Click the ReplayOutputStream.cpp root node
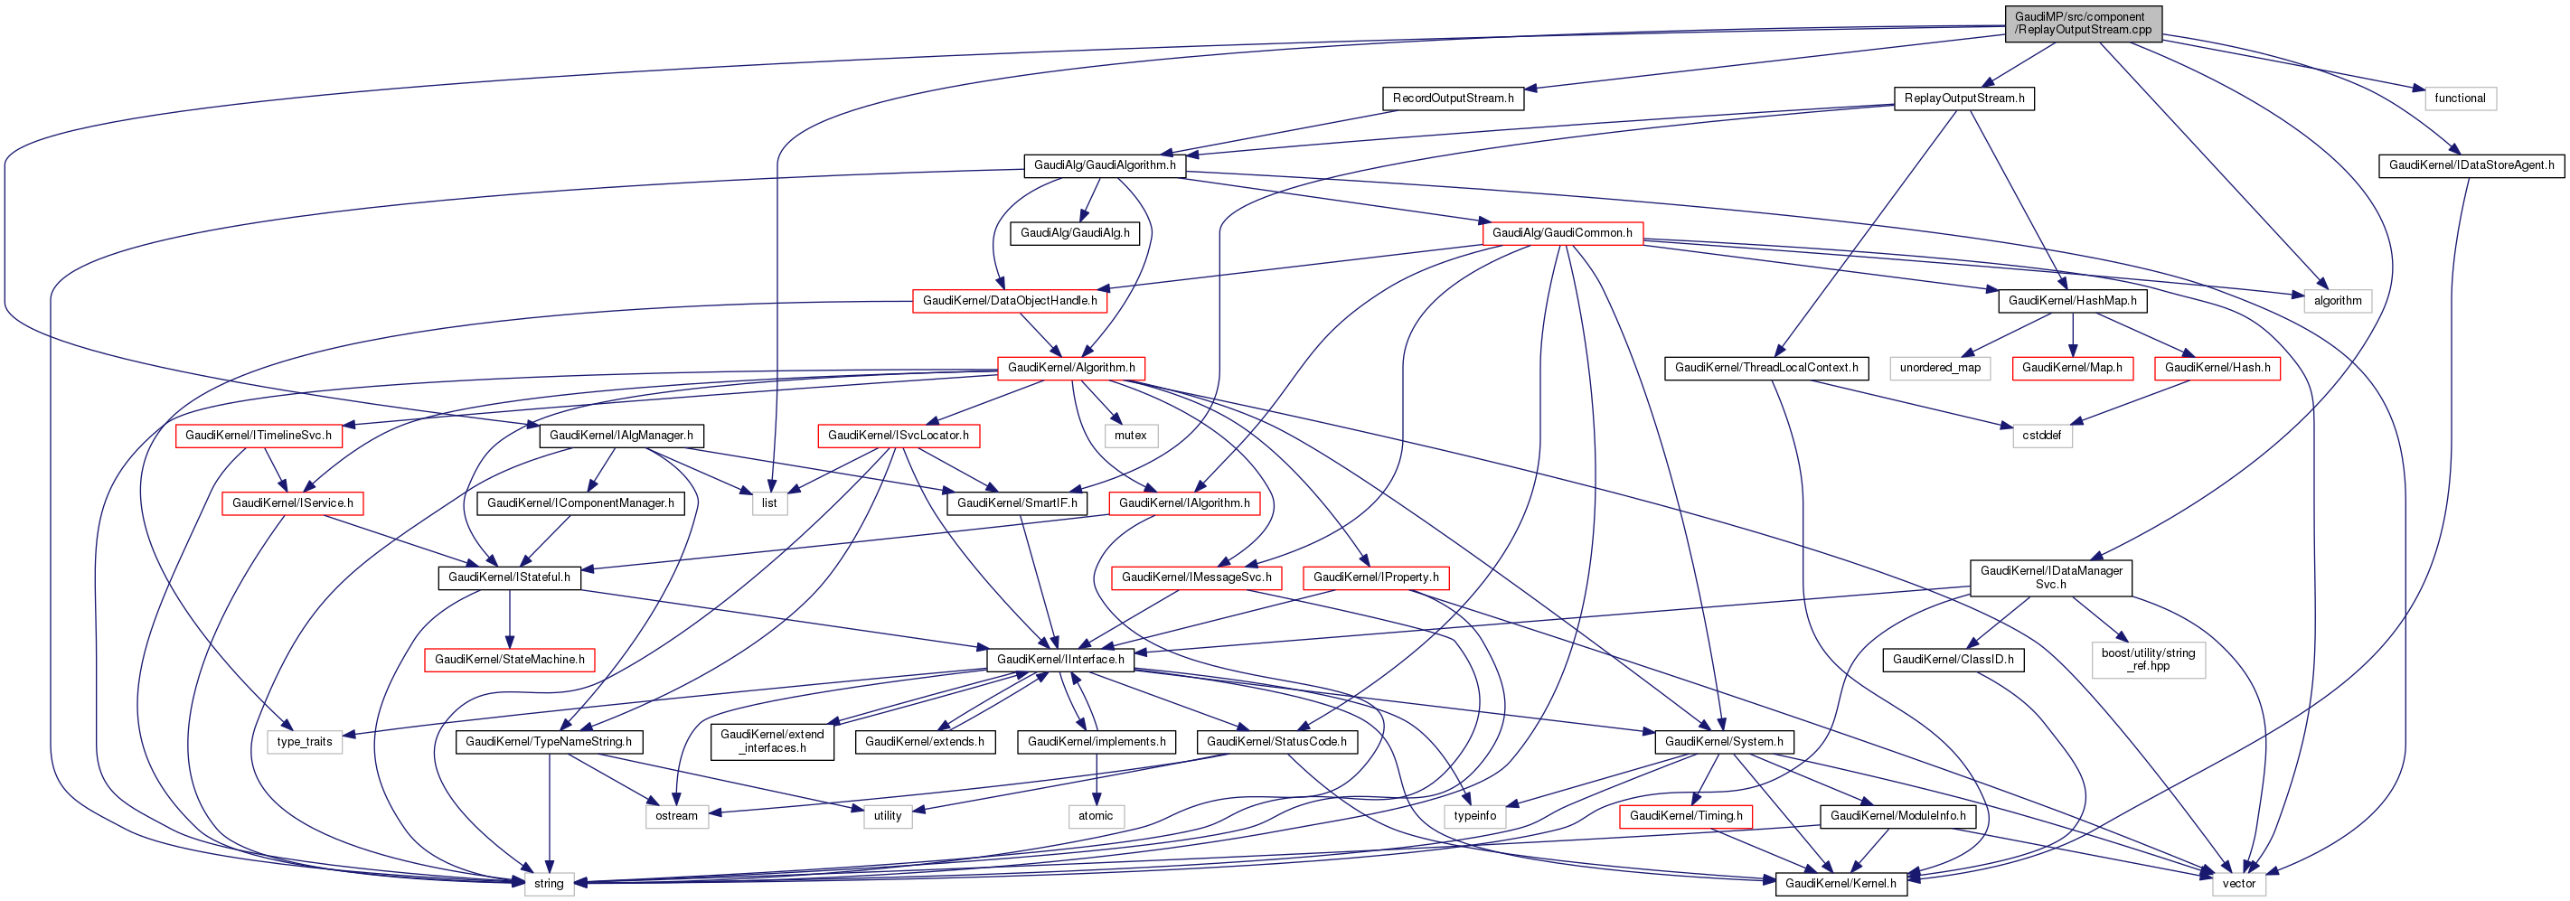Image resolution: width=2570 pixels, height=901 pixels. tap(2082, 23)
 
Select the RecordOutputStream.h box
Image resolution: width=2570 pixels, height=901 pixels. tap(1453, 99)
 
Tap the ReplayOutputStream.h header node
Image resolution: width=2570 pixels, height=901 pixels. tap(1963, 99)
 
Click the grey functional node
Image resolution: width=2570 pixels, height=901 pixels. tap(2459, 99)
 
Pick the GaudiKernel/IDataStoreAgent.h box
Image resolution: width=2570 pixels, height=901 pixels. tap(2471, 165)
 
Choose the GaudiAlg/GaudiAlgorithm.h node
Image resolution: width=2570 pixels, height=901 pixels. tap(1105, 165)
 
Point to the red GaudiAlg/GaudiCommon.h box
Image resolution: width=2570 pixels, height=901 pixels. tap(1561, 233)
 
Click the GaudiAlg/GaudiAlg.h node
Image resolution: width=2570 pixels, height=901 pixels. tap(1075, 233)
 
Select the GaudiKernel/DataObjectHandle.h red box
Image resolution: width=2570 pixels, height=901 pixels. tap(1010, 301)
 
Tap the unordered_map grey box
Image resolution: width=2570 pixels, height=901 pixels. tap(1939, 368)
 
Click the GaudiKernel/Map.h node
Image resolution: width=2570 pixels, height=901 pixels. tap(2071, 368)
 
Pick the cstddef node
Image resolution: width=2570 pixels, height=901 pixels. tap(2042, 436)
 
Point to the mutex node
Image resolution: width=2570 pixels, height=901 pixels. tap(1130, 436)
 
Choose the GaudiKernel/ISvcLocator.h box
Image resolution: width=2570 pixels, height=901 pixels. tap(898, 436)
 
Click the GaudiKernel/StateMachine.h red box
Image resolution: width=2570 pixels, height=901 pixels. tap(509, 660)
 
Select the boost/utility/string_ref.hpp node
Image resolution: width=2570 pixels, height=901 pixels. tap(2148, 660)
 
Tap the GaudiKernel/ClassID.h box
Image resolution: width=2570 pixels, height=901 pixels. tap(1953, 660)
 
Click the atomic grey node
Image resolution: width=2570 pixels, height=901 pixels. tap(1096, 816)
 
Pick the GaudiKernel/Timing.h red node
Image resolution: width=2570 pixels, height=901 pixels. tap(1685, 816)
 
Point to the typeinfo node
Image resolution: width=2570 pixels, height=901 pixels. tap(1474, 816)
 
